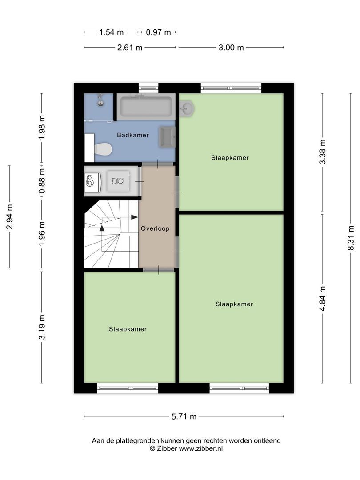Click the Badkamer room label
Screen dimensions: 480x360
tap(133, 135)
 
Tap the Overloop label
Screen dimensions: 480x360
tap(155, 228)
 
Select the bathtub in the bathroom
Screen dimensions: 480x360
tap(146, 107)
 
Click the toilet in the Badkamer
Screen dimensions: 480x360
tap(103, 149)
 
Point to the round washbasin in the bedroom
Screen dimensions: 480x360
tap(186, 108)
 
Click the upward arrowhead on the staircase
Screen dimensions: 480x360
tap(102, 228)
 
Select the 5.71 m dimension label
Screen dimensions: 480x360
tap(184, 416)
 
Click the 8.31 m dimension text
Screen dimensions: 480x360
tap(351, 238)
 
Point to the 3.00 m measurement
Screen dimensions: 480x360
tap(231, 48)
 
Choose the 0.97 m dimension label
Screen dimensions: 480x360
tap(158, 32)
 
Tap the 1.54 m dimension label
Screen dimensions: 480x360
tap(111, 32)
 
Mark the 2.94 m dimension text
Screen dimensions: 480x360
tap(9, 217)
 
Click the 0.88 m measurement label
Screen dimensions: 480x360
tap(42, 182)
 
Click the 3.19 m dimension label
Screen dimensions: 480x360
tap(42, 327)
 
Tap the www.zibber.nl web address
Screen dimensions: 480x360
tap(200, 449)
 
